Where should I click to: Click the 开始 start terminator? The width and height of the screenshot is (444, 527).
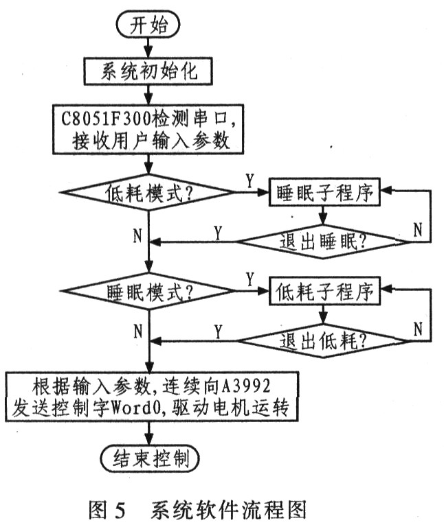148,25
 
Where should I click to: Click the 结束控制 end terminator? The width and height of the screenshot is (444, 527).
149,456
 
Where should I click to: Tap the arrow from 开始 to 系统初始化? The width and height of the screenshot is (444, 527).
149,47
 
